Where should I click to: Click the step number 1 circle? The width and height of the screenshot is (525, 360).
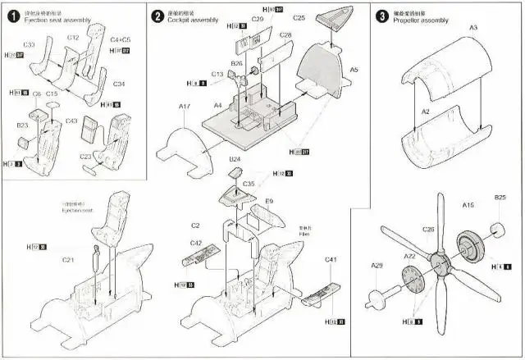click(12, 14)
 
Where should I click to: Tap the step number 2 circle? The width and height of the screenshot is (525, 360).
click(157, 16)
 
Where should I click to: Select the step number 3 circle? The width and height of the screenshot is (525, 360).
click(381, 16)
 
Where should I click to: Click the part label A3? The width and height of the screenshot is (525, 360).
click(472, 28)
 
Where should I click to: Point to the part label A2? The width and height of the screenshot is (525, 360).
click(426, 111)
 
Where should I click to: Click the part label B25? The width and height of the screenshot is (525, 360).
click(500, 198)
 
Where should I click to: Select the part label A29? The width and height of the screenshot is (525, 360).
click(377, 265)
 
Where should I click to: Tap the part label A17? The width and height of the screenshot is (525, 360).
click(185, 105)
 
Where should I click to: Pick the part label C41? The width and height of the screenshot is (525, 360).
click(331, 259)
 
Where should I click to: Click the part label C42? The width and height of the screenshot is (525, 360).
click(196, 243)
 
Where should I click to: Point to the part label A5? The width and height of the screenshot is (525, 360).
click(354, 70)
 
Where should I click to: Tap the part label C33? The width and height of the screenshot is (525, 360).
click(29, 43)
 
